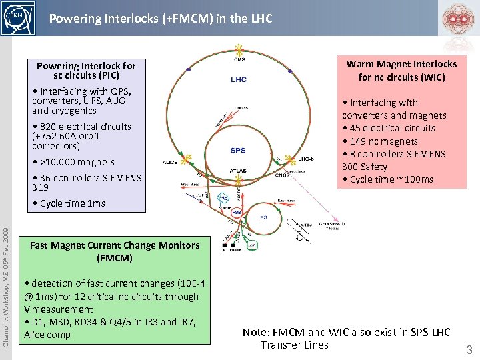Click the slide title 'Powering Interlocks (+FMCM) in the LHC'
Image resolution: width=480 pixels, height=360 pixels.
[x=161, y=19]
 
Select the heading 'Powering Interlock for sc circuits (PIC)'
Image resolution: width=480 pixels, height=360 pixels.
[x=86, y=70]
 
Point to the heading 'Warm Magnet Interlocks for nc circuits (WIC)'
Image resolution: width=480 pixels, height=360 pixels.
[x=401, y=70]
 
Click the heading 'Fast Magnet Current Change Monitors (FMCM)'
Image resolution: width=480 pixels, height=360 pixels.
[x=115, y=251]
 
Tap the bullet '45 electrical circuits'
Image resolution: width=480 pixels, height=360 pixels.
[x=388, y=128]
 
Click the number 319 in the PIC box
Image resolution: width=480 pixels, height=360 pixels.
[x=40, y=187]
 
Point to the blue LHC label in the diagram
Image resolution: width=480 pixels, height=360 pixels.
[x=238, y=80]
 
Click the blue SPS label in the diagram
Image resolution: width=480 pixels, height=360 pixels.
[x=237, y=151]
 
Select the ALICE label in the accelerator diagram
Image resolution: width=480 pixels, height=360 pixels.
[x=170, y=161]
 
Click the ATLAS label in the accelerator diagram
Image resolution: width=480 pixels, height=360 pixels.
[x=238, y=171]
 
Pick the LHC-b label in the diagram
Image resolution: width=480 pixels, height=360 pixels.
[x=306, y=159]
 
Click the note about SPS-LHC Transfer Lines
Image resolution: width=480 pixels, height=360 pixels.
[x=347, y=338]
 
